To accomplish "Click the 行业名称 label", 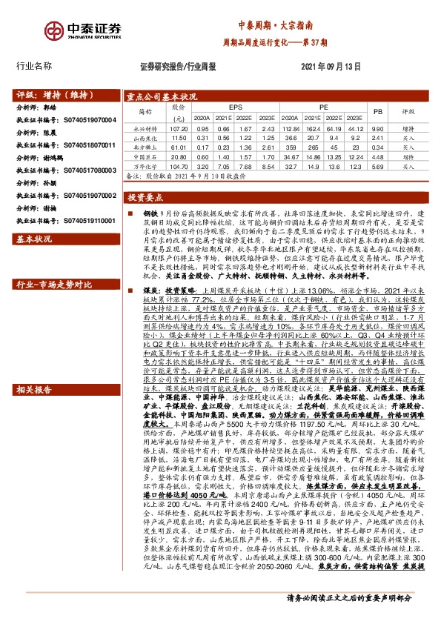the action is tap(34, 65).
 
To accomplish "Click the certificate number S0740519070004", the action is tap(87, 119).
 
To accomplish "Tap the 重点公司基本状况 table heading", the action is tap(161, 97).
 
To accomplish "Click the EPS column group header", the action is tap(235, 108).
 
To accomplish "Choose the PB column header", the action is tap(377, 113).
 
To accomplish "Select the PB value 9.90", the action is tap(377, 128).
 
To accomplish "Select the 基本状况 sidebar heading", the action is tap(34, 239).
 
